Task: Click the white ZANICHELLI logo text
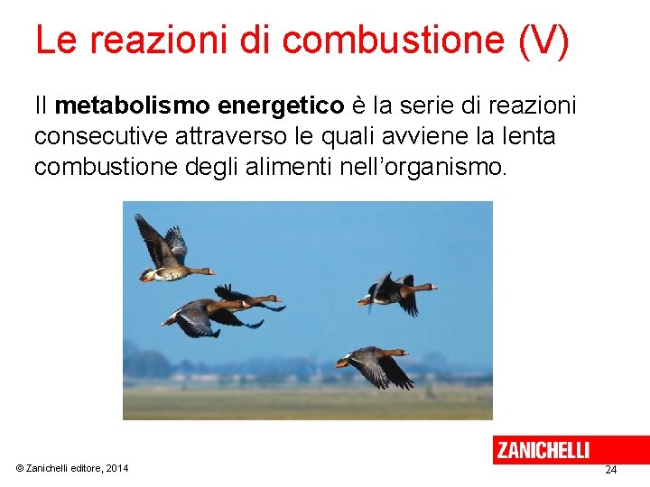[543, 450]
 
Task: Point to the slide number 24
[611, 470]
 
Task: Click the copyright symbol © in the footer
[20, 468]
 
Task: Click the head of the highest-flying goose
[209, 270]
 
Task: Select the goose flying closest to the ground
[372, 363]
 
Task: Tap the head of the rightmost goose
[431, 288]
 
